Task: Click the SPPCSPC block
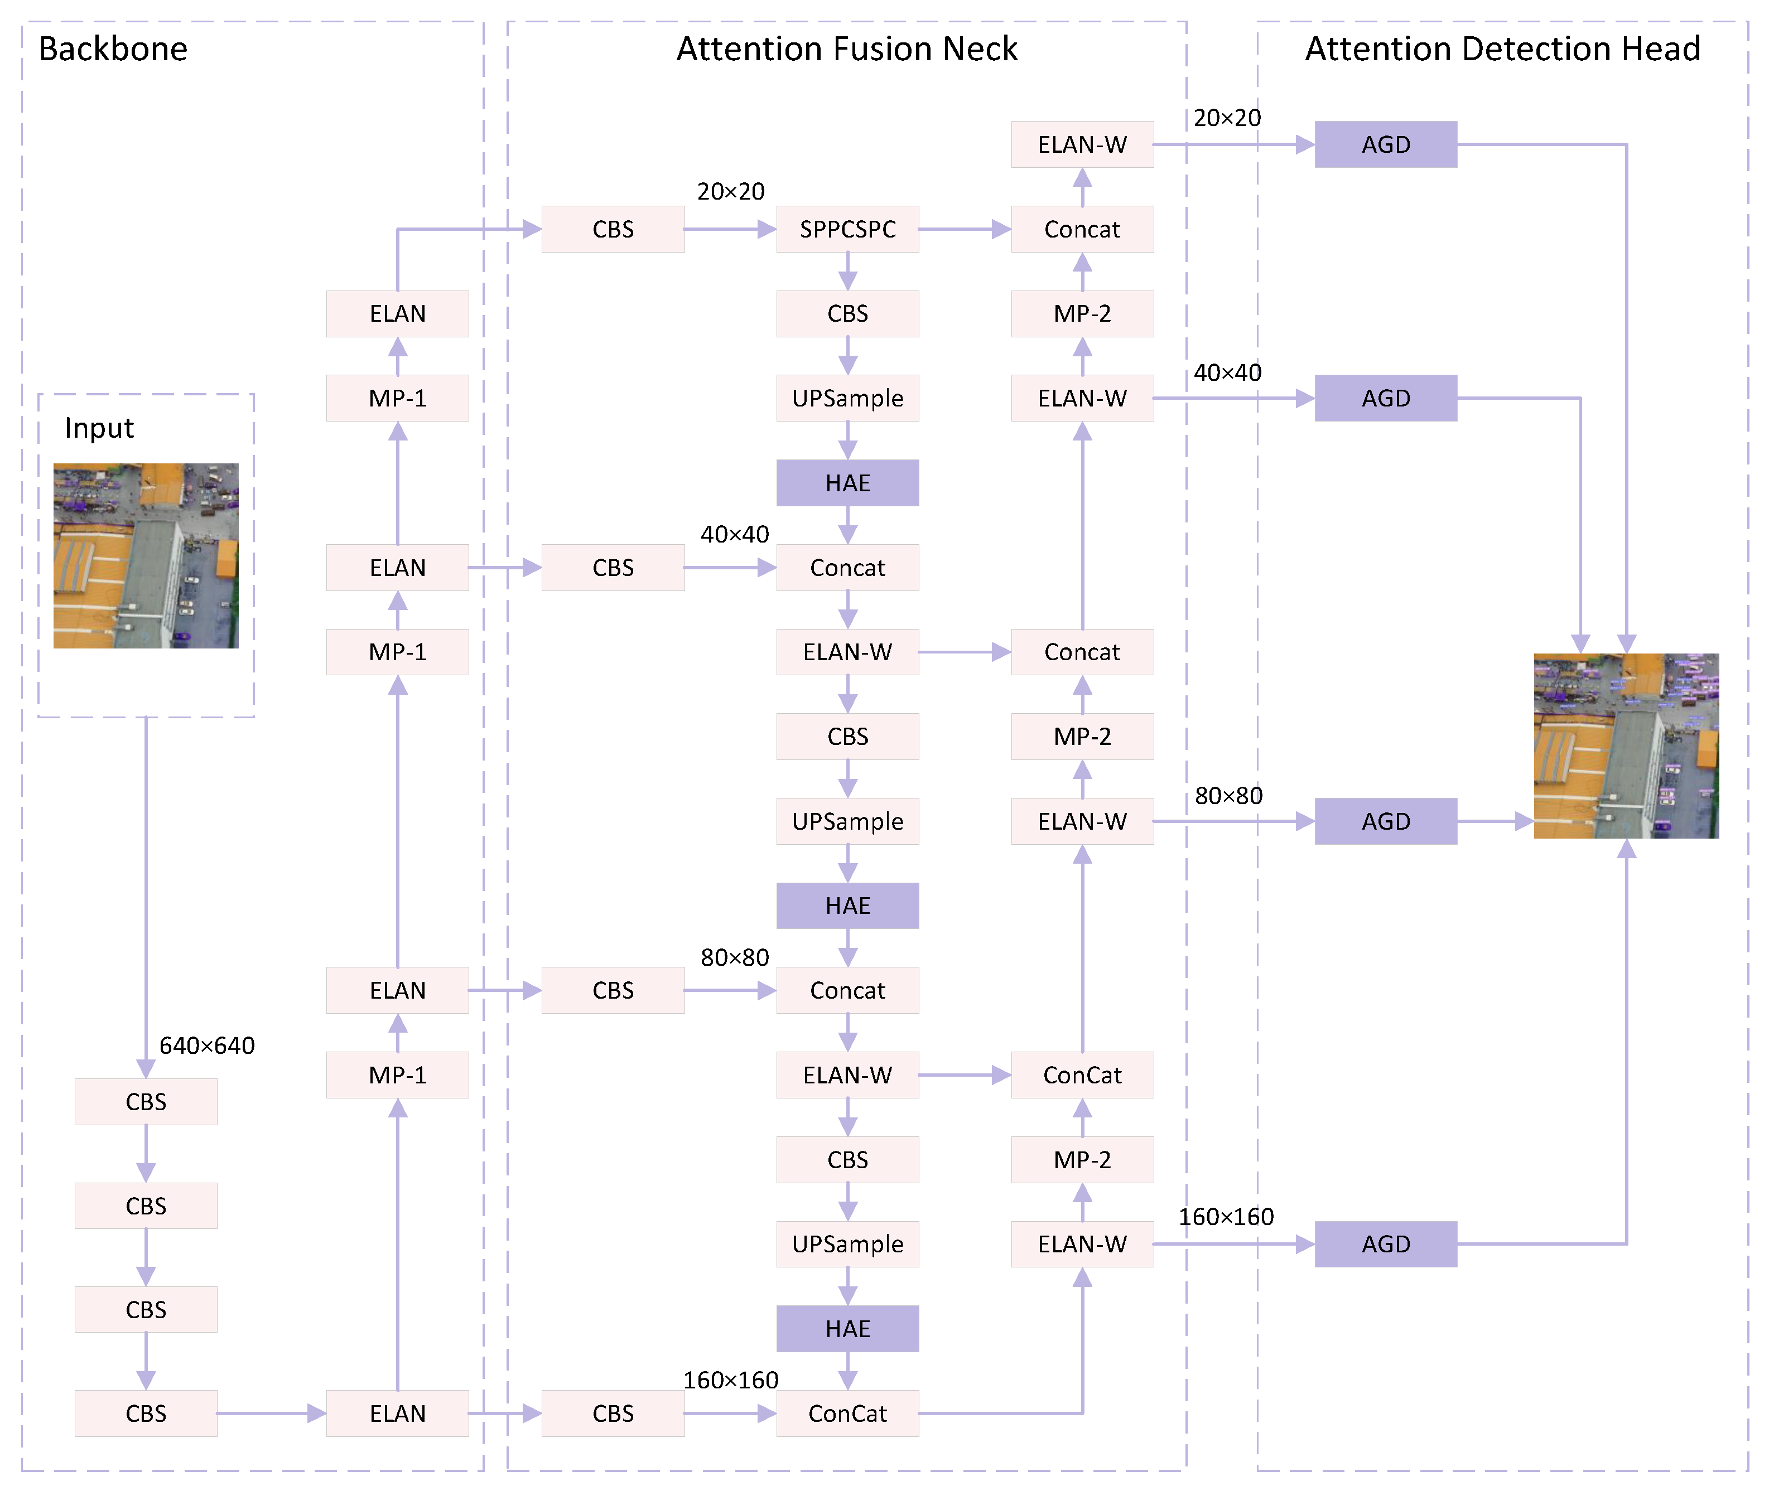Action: tap(847, 229)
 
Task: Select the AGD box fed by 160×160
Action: tap(1385, 1243)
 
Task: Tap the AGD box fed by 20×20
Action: tap(1385, 144)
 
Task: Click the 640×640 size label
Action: tap(207, 1045)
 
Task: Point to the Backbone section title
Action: tap(113, 49)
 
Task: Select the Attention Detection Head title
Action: tap(1502, 49)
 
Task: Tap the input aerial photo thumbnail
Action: tap(146, 555)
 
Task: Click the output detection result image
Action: tap(1625, 745)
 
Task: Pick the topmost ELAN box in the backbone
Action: tap(397, 313)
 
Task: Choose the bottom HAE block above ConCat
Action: tap(847, 1328)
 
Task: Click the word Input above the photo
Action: tap(99, 428)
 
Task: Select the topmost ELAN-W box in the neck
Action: tap(1082, 144)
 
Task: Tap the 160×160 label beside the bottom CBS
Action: tap(731, 1379)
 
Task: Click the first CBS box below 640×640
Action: tap(146, 1101)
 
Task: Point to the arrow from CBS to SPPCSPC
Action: tap(729, 229)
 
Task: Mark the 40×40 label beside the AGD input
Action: tap(1227, 372)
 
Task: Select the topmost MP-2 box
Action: tap(1082, 313)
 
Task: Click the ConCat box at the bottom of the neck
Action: tap(847, 1413)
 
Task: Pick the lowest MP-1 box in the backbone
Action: tap(397, 1074)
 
